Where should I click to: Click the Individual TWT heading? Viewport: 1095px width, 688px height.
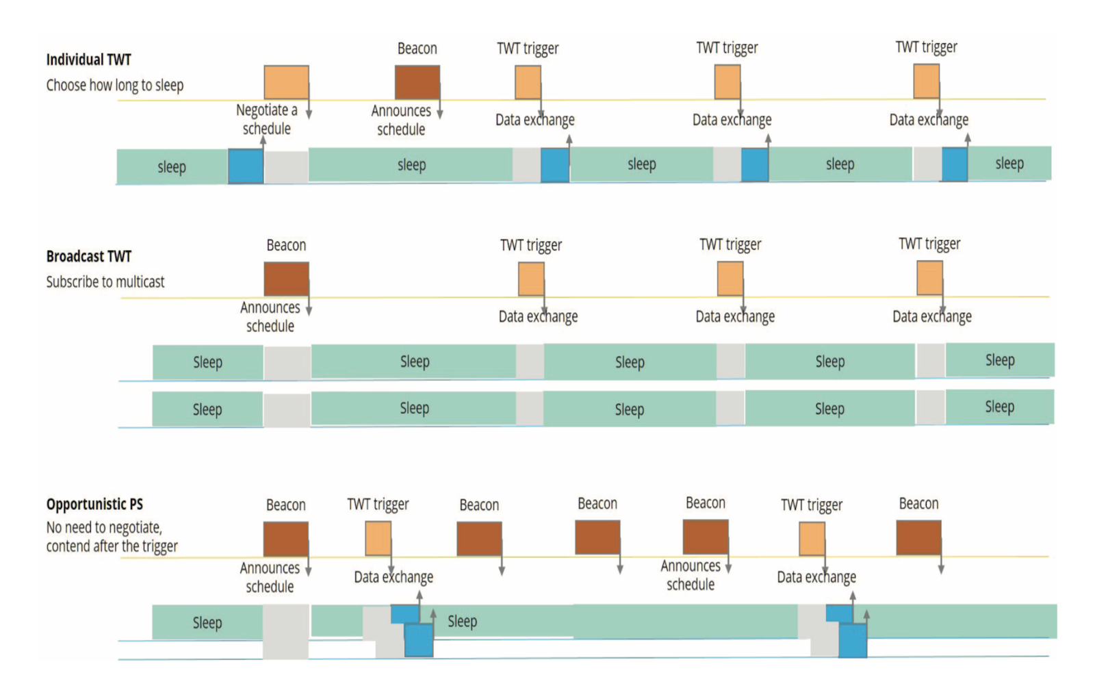click(x=88, y=60)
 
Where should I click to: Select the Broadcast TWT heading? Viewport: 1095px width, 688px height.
click(x=88, y=256)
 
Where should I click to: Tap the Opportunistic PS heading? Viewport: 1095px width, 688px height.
click(x=94, y=505)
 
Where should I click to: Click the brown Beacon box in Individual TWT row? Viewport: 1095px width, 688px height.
click(x=417, y=83)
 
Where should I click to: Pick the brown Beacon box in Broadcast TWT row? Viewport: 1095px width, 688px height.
click(x=286, y=279)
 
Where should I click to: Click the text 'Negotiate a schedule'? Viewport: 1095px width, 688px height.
click(x=267, y=119)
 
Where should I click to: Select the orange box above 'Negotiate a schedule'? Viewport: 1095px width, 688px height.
click(x=286, y=83)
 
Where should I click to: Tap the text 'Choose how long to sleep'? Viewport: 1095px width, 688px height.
click(x=115, y=86)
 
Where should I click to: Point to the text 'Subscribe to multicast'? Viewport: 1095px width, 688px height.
click(x=105, y=282)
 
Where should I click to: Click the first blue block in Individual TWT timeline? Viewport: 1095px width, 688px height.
click(x=245, y=166)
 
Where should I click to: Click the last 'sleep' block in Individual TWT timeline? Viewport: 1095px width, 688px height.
click(x=1009, y=164)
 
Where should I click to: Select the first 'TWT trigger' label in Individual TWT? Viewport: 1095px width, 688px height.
click(x=528, y=49)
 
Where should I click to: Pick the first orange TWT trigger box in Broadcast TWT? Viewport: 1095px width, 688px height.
click(x=531, y=279)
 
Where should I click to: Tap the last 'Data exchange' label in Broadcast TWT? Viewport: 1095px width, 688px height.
click(x=931, y=316)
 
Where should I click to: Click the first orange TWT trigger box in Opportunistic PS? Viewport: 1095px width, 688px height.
click(x=378, y=539)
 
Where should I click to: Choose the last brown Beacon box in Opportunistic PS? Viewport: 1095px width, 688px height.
click(x=918, y=537)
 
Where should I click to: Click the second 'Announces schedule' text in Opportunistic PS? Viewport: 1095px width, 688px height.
click(x=691, y=575)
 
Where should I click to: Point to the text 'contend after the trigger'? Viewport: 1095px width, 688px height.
click(x=112, y=546)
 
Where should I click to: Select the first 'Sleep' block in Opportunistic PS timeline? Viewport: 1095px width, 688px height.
click(x=207, y=622)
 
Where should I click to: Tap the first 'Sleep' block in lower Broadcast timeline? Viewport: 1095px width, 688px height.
click(x=207, y=409)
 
